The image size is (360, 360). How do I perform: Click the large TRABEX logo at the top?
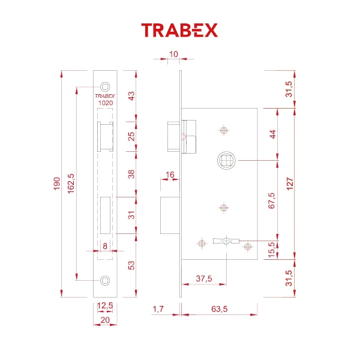179,30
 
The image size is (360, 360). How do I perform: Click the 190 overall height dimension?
56,183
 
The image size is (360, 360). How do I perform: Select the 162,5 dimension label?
71,183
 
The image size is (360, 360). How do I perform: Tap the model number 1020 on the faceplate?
106,103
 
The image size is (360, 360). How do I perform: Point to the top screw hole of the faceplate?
106,86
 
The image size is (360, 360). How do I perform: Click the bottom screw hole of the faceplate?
106,281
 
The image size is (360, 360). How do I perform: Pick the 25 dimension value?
131,136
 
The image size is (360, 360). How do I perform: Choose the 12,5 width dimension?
106,306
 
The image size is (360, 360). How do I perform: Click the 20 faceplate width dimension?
106,320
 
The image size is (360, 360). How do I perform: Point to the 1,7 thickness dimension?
158,309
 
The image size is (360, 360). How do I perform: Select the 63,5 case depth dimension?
219,309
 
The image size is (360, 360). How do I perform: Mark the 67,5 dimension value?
271,200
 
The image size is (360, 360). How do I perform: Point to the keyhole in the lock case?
225,242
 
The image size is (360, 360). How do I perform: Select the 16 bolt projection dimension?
169,175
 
